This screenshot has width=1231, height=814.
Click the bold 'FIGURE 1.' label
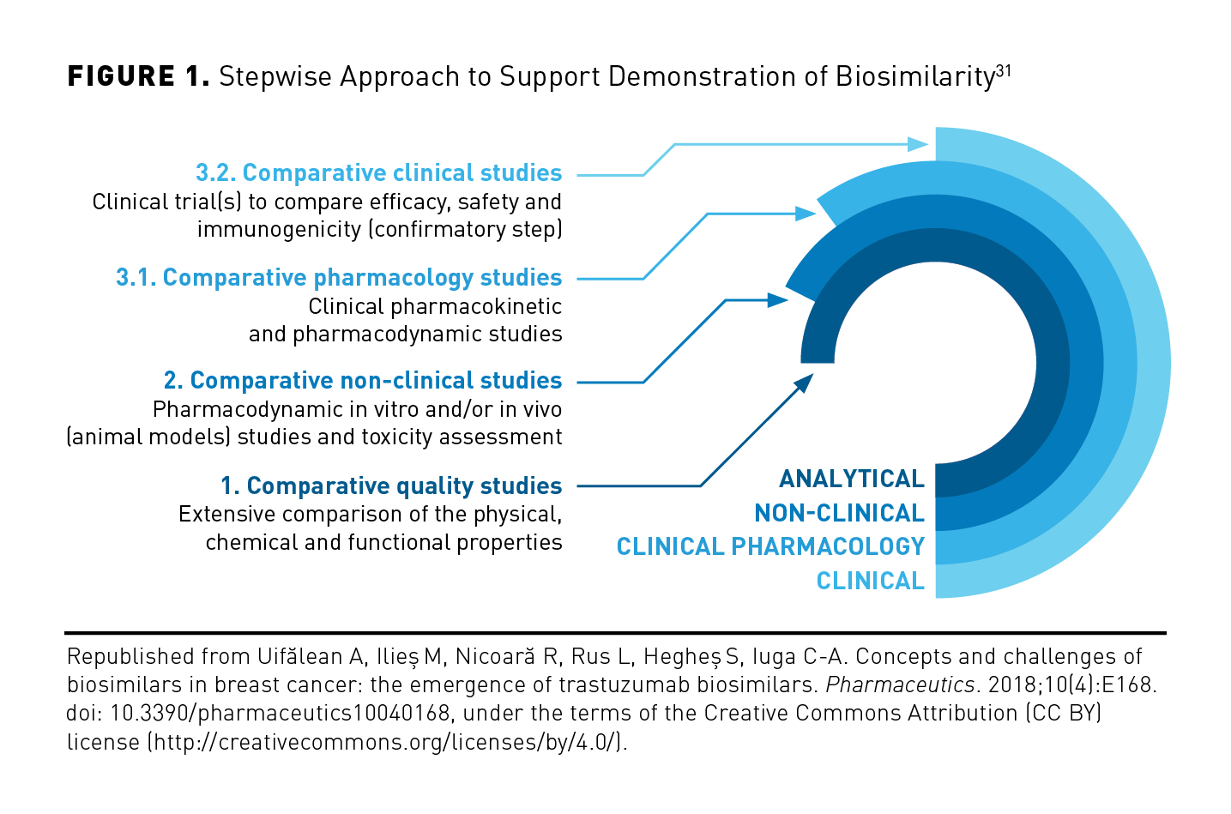[138, 76]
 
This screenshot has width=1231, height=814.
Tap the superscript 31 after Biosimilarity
[1004, 71]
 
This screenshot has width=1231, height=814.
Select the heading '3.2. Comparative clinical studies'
[378, 172]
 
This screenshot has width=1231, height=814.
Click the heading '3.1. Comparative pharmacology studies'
[339, 278]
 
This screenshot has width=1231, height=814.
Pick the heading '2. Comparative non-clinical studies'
[363, 381]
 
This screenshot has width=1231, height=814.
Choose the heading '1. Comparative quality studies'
[391, 486]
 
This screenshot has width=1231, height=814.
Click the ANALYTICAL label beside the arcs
[851, 479]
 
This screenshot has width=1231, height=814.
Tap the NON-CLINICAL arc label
[839, 513]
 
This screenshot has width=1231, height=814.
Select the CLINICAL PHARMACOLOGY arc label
[770, 546]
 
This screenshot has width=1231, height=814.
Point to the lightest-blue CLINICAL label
[870, 581]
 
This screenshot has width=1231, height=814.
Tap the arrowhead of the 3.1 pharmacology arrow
[806, 214]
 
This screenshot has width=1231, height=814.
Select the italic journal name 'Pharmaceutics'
[900, 685]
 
